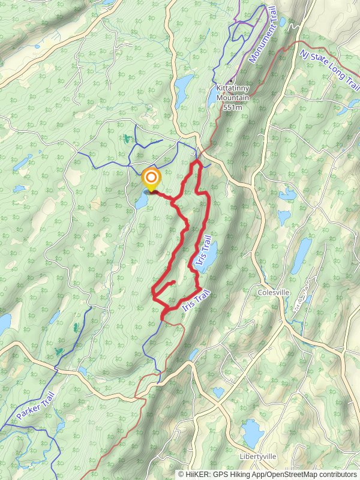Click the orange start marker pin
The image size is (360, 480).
(x=151, y=179)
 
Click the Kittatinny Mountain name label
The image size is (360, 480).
(x=232, y=93)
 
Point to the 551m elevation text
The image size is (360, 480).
(x=232, y=107)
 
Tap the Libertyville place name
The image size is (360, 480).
(x=258, y=456)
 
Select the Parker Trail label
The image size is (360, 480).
(x=35, y=406)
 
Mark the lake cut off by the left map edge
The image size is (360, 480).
(x=4, y=324)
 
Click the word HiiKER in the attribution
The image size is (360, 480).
(x=197, y=474)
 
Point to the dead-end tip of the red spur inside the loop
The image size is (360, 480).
(x=174, y=281)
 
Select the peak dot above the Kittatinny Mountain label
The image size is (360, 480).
(x=231, y=82)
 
